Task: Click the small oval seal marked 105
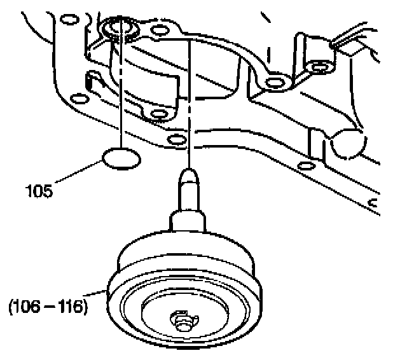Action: [120, 159]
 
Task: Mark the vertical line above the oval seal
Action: [120, 95]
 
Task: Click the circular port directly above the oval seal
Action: [118, 29]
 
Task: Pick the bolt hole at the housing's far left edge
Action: [79, 100]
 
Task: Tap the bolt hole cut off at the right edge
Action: [374, 205]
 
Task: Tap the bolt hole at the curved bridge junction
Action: [275, 81]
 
